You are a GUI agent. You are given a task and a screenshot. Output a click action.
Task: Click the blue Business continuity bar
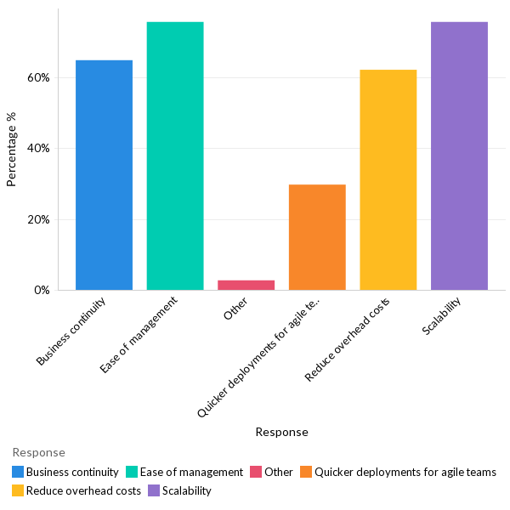(104, 174)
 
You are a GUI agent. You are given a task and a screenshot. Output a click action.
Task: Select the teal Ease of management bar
(175, 156)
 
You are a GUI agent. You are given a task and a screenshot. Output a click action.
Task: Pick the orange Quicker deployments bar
(317, 237)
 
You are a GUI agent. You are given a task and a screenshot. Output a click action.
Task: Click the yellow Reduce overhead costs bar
(388, 179)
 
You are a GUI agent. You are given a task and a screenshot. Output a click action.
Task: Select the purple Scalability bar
(459, 156)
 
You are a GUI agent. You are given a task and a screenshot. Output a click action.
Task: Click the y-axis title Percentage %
(12, 149)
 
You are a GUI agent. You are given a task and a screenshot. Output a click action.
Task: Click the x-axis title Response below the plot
(281, 432)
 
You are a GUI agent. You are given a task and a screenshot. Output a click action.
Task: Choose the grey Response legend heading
(38, 452)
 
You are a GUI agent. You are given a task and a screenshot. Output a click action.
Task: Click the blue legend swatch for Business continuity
(18, 472)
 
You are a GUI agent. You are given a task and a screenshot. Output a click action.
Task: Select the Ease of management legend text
(191, 472)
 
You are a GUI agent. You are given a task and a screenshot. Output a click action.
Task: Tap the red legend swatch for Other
(256, 472)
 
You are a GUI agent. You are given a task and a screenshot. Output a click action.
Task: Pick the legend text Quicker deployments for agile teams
(405, 472)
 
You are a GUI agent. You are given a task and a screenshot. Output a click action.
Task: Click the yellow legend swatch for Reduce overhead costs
(18, 490)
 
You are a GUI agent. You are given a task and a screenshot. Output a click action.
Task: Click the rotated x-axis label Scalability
(443, 316)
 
